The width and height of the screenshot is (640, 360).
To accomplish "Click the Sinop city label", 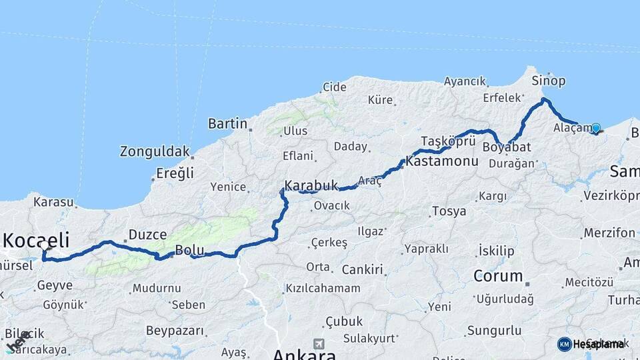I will tap(549, 81).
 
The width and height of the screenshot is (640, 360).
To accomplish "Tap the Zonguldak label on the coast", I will tap(155, 151).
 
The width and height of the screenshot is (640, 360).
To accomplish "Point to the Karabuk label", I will tap(311, 185).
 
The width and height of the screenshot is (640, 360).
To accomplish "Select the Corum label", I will tap(498, 275).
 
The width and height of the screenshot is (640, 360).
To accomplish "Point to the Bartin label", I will tap(228, 123).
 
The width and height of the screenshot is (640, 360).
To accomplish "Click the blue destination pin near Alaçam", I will tap(595, 128).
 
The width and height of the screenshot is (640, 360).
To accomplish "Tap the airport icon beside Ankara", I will tap(319, 344).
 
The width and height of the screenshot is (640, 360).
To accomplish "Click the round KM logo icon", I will tap(564, 344).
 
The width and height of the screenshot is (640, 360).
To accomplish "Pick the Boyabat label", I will tap(507, 147).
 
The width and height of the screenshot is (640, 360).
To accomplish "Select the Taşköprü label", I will tap(448, 141).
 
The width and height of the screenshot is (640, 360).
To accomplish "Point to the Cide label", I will tap(335, 87).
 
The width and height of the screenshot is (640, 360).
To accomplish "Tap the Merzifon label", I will tap(609, 233).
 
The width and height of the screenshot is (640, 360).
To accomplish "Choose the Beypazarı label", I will tap(174, 330).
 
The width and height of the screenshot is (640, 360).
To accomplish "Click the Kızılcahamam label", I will tap(323, 289).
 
